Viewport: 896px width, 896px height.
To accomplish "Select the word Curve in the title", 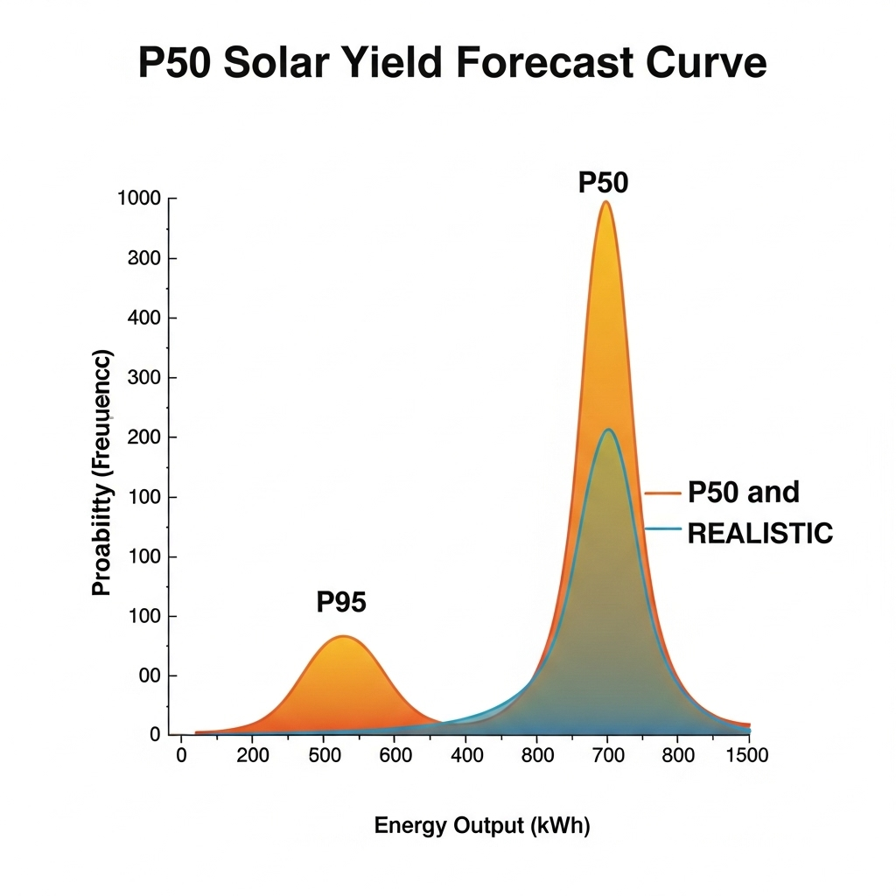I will click(710, 65).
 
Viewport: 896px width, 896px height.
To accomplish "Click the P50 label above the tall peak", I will click(604, 183).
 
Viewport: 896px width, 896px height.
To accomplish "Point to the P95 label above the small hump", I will click(341, 602).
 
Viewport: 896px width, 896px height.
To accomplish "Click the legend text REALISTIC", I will click(760, 534).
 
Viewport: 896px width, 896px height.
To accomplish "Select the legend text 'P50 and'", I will click(744, 493).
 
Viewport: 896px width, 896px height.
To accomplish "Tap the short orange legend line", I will click(662, 493).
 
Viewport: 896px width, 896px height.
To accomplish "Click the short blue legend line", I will click(662, 528).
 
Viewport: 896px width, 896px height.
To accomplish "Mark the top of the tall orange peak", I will click(605, 203).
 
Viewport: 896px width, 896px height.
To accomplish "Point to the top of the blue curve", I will click(607, 430).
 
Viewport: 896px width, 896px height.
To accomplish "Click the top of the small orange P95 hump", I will click(344, 637).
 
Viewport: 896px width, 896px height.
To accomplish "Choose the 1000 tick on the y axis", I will click(139, 199).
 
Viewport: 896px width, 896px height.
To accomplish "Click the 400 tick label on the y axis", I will click(146, 318).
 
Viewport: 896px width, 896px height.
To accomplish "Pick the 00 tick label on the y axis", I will click(150, 675).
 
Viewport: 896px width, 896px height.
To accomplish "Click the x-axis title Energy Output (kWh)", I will click(482, 826).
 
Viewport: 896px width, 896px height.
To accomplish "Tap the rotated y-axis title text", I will click(102, 472).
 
